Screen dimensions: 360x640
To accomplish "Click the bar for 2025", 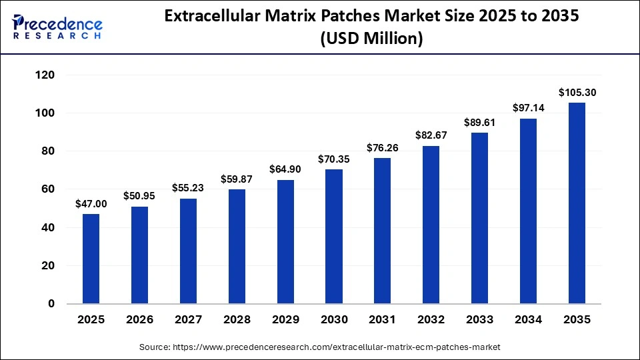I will pos(91,259).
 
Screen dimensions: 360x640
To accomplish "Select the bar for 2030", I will pos(334,237).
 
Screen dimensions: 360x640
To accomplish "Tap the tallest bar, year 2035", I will pos(577,203).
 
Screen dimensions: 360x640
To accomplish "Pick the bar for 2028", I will pos(237,247).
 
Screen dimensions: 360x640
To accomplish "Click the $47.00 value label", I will pos(91,203).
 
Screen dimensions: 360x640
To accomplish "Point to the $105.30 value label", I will pos(577,93).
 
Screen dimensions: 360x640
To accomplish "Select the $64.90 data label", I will pos(285,169).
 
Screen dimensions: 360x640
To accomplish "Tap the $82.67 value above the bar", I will pos(431,135).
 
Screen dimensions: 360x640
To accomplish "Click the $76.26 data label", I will pos(383,148).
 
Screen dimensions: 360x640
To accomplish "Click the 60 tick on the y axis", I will pos(48,190).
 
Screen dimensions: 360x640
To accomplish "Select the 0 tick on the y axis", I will pos(51,304).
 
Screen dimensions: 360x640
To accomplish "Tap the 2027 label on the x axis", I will pos(188,320).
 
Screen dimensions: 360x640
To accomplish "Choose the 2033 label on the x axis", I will pos(480,320).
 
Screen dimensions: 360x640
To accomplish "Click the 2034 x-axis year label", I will pos(529,320).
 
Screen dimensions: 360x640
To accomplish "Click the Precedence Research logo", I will pos(57,27).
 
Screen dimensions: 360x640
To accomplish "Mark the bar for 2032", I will pos(431,225).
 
